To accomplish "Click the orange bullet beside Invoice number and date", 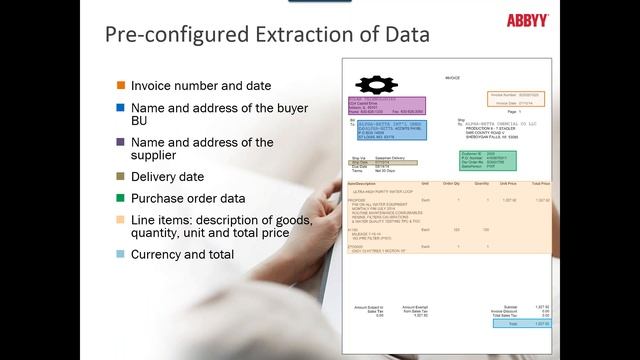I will tap(121, 86).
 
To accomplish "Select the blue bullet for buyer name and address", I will tap(121, 107).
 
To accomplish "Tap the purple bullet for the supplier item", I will tap(121, 143).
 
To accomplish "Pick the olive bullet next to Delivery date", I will tap(121, 177).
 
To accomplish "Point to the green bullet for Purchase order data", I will tap(121, 198).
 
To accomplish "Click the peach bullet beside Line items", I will tap(121, 220).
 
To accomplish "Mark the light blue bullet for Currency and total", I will tap(121, 254).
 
